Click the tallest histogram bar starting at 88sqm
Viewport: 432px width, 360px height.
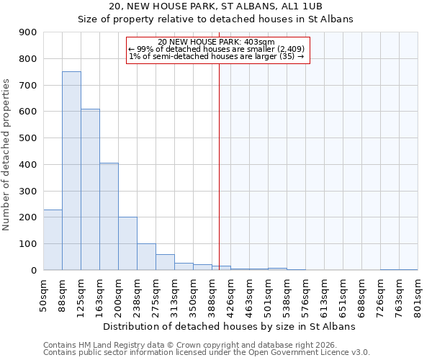point(71,171)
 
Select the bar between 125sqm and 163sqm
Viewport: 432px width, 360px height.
point(90,189)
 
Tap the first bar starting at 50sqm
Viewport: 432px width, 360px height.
point(53,240)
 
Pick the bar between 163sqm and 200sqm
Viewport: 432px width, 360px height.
point(109,216)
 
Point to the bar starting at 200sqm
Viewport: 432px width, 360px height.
point(127,243)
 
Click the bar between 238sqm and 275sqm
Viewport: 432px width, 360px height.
point(146,256)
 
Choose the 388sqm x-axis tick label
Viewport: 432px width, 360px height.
point(212,297)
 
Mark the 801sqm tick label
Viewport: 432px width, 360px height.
point(418,297)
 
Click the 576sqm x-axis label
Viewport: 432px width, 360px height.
point(305,297)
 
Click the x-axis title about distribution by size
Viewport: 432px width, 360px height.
point(229,326)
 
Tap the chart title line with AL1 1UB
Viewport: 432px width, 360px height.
point(215,6)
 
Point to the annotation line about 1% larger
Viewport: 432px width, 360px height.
point(216,56)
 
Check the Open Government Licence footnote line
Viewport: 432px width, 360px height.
point(207,353)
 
